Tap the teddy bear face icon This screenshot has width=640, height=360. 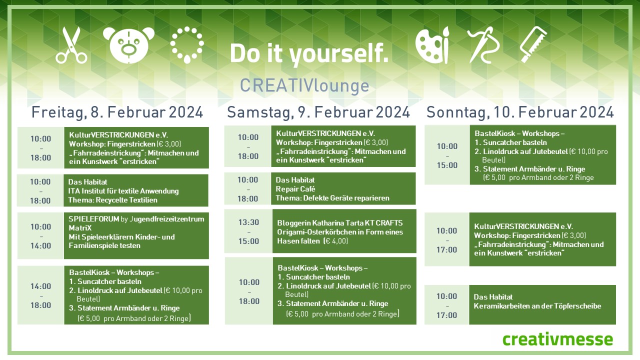pos(128,45)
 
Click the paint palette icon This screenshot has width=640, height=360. pos(431,45)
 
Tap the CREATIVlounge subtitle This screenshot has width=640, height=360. pos(304,85)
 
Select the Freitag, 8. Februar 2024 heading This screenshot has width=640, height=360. pos(117,112)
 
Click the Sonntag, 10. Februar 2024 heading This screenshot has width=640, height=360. pos(520,112)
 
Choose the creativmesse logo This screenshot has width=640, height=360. pos(557,339)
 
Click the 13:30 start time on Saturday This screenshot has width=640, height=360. pos(248,222)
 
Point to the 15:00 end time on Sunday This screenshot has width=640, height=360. pos(447,165)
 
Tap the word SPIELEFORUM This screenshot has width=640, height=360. pos(93,219)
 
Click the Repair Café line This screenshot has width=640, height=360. pos(295,189)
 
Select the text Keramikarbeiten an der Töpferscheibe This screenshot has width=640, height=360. pos(537,306)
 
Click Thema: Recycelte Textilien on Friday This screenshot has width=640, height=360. pos(112,200)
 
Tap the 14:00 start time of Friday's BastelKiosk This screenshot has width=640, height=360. pos(41,286)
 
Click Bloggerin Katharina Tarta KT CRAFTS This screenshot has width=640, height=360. pos(339,223)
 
